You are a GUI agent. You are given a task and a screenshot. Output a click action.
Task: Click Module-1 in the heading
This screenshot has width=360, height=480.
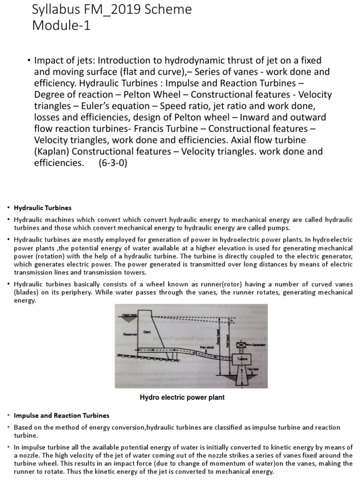[x=61, y=26]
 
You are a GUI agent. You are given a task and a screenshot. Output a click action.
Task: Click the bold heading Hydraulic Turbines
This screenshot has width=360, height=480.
[x=43, y=208]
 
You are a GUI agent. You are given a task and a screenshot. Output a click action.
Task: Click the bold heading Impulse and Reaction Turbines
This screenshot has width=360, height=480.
[x=61, y=415]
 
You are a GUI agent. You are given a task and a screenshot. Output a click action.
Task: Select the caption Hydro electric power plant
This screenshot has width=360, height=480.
[x=182, y=397]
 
